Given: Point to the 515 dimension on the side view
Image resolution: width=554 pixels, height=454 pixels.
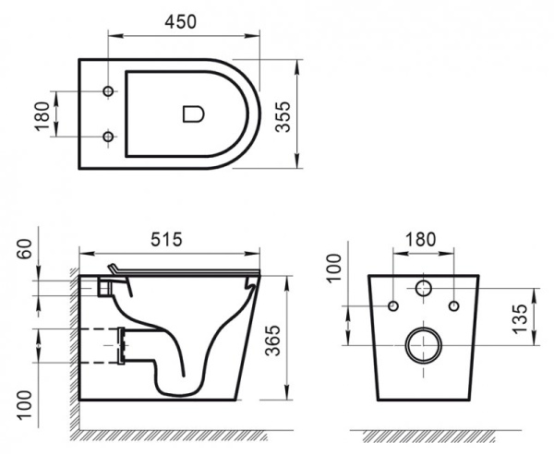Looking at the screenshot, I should coord(167,238).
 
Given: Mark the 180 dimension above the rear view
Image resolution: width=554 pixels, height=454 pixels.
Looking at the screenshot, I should coord(422,238).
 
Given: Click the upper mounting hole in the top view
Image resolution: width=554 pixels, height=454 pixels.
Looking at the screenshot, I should coord(109,92).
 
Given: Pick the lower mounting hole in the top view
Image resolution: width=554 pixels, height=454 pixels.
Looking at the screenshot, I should coord(109,137).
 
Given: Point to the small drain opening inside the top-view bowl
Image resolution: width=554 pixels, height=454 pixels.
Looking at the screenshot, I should coord(192,114).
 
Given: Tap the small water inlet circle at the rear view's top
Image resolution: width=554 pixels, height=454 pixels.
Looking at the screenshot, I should coord(424,287).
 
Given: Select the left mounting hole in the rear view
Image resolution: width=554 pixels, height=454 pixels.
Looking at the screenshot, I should coord(393,305).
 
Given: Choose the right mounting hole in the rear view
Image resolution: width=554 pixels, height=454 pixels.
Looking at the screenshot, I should coord(454,305).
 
